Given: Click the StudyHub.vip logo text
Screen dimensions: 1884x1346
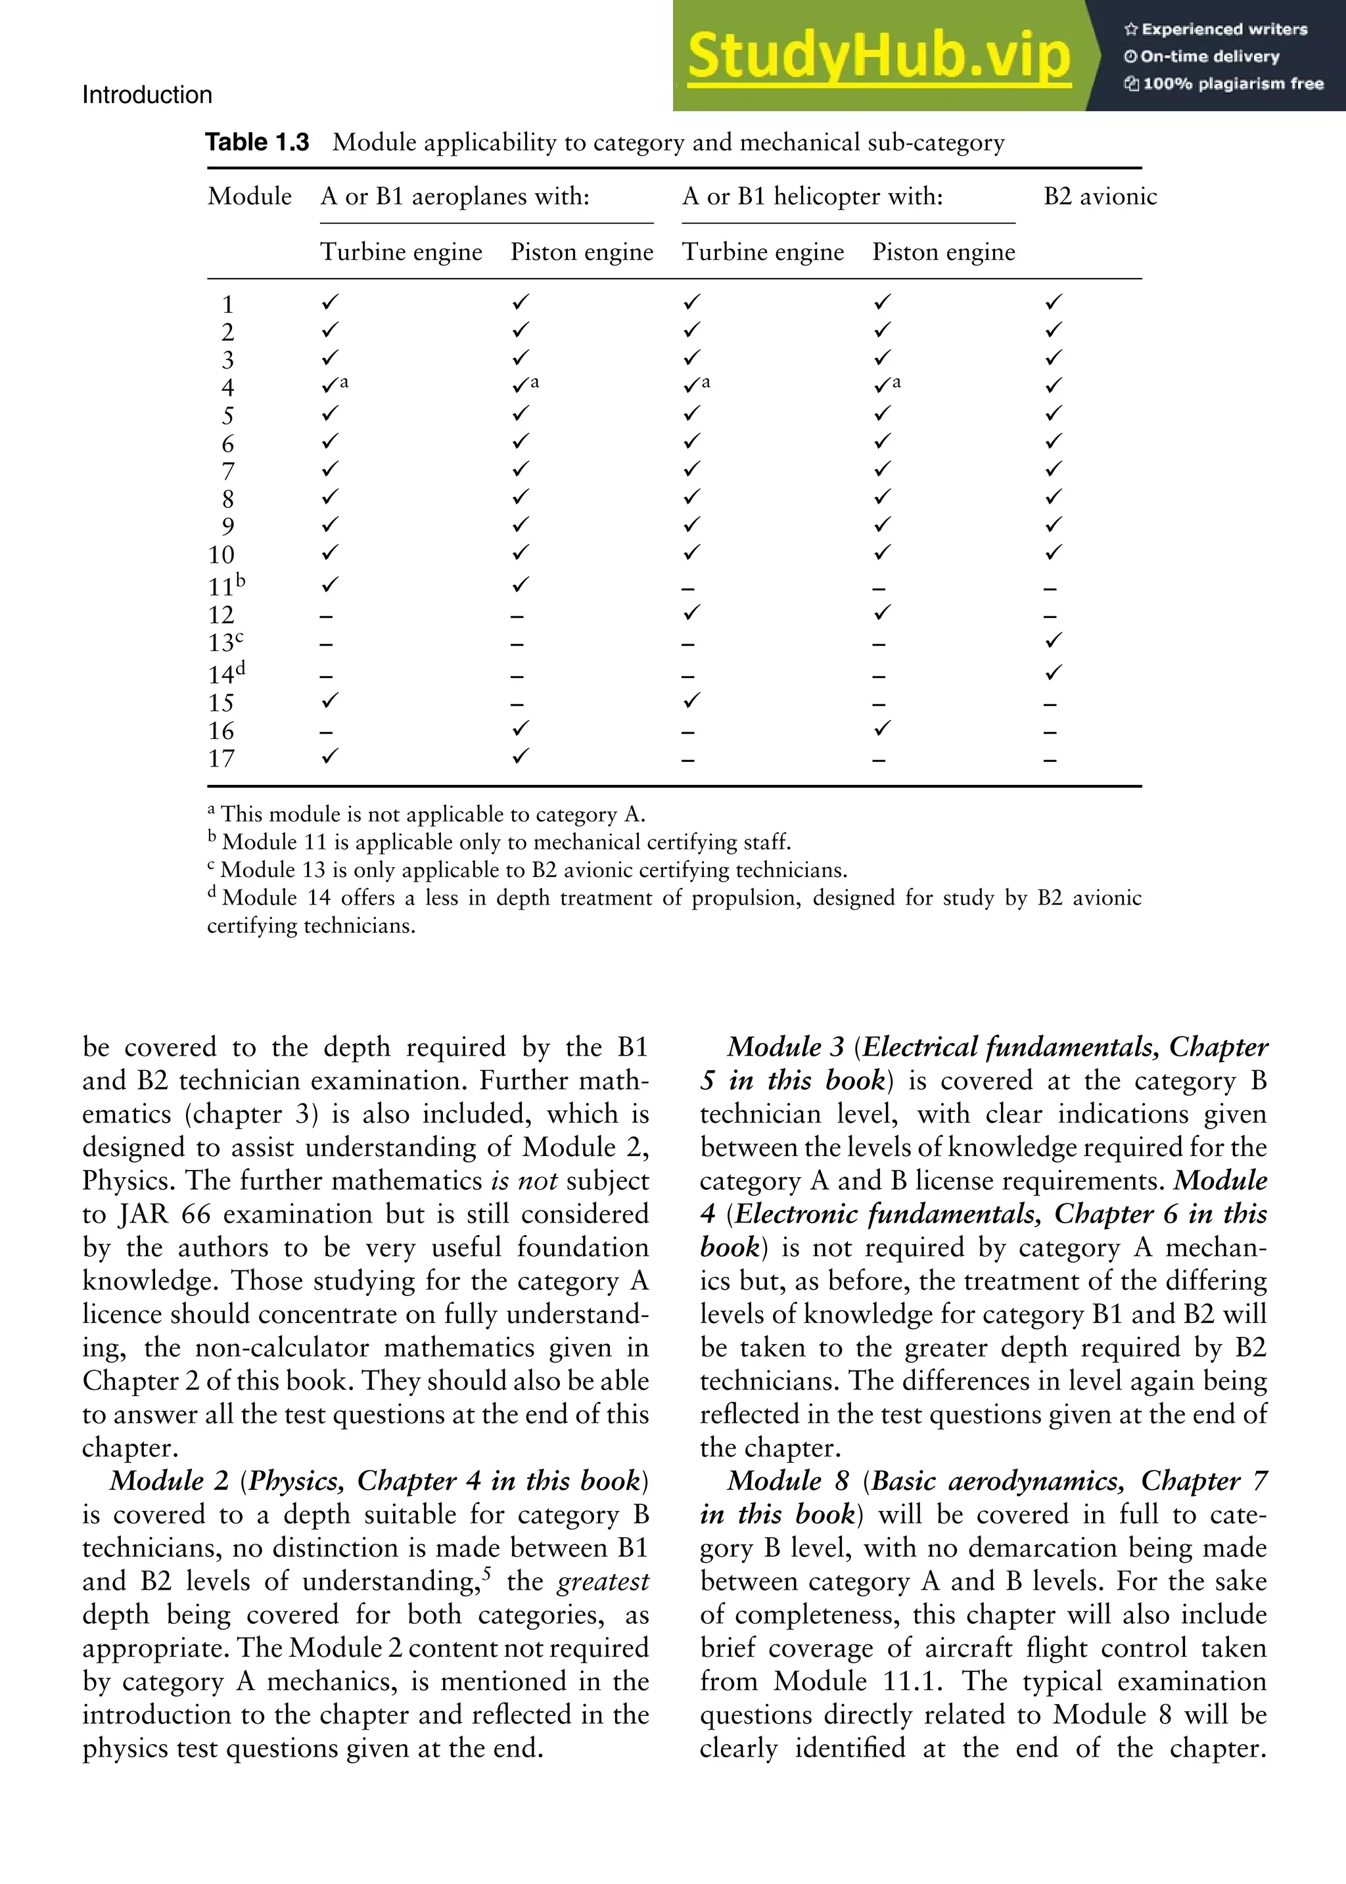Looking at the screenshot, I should pyautogui.click(x=879, y=56).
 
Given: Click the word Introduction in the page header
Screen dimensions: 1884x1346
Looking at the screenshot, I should pyautogui.click(x=147, y=95).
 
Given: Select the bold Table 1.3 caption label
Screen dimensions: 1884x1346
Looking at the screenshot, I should pyautogui.click(x=257, y=143).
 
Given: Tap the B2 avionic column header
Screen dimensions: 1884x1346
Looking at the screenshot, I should pyautogui.click(x=1100, y=196).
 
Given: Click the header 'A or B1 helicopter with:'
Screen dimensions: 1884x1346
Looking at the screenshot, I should pyautogui.click(x=812, y=196).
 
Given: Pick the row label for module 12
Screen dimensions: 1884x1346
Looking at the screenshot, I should pyautogui.click(x=221, y=615).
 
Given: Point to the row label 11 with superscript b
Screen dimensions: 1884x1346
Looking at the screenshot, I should pyautogui.click(x=225, y=586).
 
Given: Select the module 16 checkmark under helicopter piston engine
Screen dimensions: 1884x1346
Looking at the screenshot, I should pyautogui.click(x=883, y=729).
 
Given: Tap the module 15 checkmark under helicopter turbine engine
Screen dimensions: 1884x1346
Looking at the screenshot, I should pyautogui.click(x=691, y=700).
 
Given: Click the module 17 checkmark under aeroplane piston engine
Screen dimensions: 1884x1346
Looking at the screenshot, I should pyautogui.click(x=520, y=755).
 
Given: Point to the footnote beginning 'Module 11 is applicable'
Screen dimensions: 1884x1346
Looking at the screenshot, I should pyautogui.click(x=505, y=843).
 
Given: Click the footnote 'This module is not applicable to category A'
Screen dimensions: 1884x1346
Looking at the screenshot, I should pyautogui.click(x=431, y=815).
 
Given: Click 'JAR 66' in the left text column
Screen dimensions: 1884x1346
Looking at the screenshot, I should pyautogui.click(x=164, y=1214).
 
